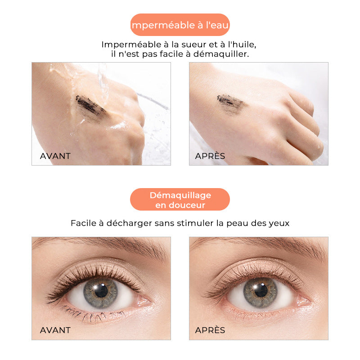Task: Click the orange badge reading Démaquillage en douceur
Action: (x=180, y=199)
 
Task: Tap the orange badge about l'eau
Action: (x=180, y=25)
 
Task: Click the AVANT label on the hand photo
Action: (x=55, y=156)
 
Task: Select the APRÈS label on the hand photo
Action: (x=210, y=156)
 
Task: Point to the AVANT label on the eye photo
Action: (x=55, y=330)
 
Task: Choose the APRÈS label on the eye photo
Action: (x=210, y=330)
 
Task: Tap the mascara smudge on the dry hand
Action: (x=230, y=103)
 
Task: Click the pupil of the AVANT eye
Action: (x=101, y=291)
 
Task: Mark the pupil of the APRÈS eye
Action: (x=261, y=290)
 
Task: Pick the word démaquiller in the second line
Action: (x=221, y=54)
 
